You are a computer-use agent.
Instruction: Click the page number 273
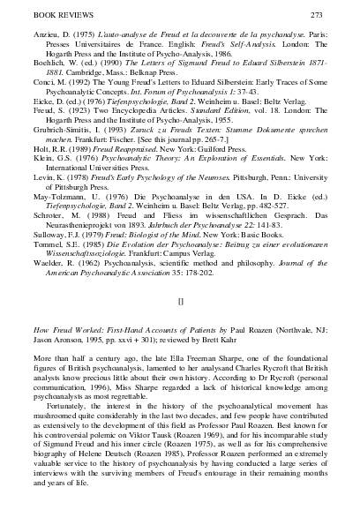339,16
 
